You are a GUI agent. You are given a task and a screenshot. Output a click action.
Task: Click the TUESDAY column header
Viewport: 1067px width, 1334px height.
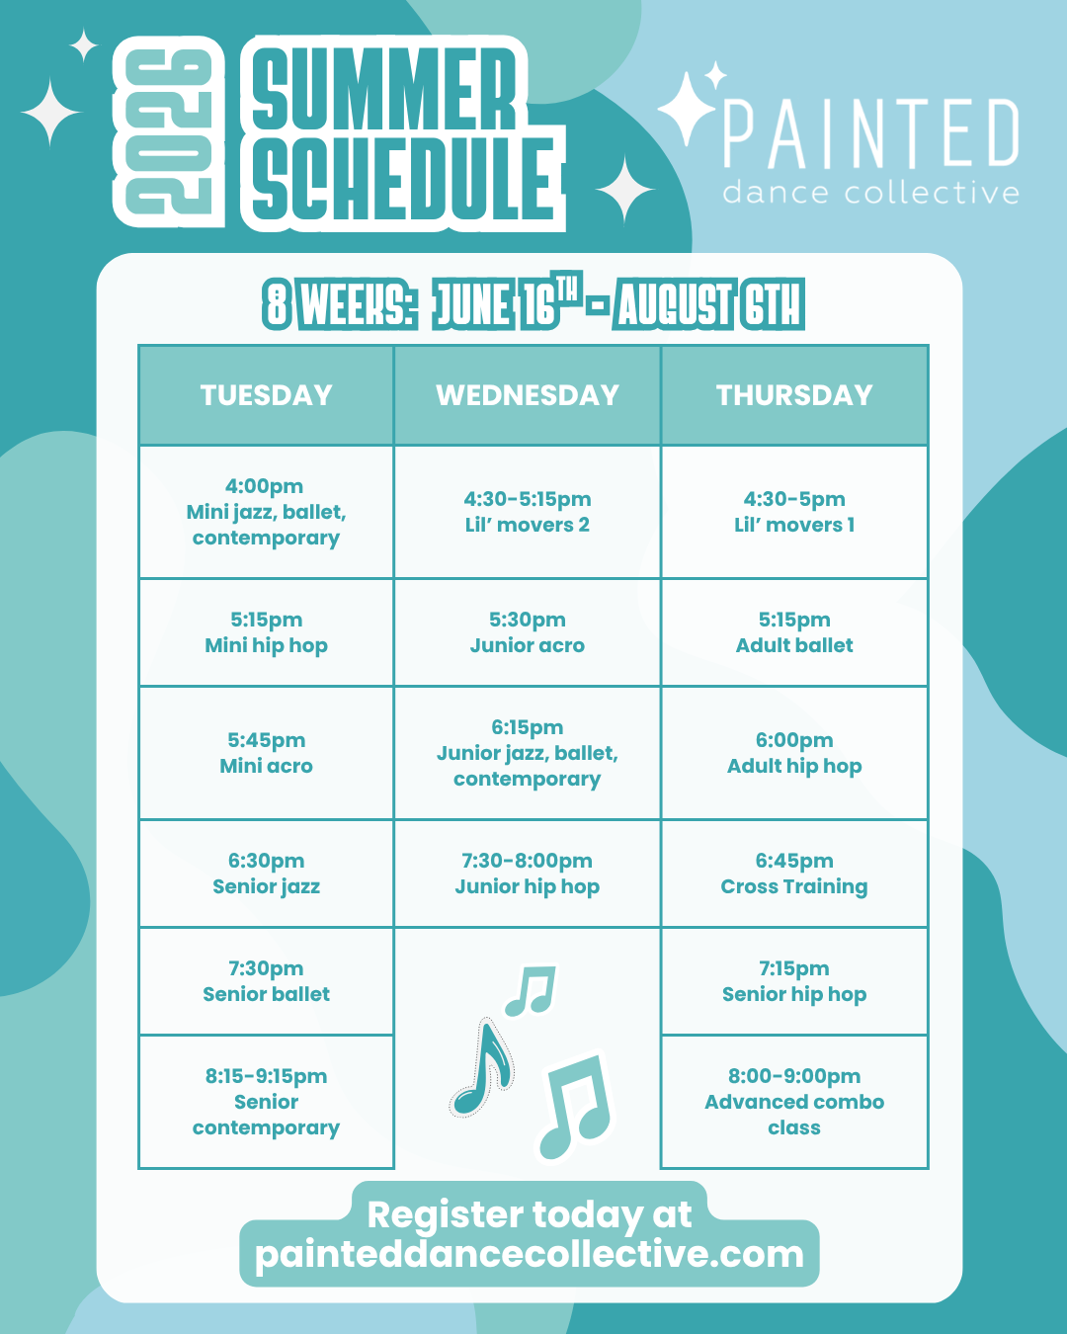[266, 395]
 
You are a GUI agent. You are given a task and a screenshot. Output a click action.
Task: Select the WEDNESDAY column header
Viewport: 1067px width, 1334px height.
[527, 395]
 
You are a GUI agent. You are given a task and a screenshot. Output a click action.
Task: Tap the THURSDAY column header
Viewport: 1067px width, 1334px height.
[794, 395]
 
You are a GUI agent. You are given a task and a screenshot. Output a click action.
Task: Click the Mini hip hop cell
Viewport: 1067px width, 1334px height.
[266, 632]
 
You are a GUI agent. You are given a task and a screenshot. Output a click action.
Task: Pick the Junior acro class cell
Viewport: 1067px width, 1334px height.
[527, 632]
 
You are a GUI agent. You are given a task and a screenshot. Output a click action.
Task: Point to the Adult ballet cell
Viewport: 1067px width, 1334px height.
[794, 632]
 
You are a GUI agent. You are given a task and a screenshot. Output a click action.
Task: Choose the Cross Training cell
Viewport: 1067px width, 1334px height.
[794, 874]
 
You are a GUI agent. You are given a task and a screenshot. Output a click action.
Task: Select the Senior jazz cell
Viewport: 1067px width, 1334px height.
[266, 874]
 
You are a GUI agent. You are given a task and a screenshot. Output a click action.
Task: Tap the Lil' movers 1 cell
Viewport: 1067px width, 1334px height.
[794, 512]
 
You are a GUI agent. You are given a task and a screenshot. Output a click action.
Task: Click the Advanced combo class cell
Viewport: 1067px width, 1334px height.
[794, 1102]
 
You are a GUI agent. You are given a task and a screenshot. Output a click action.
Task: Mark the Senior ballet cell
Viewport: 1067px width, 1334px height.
[266, 981]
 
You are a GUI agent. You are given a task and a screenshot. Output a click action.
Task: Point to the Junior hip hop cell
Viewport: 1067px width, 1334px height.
[527, 874]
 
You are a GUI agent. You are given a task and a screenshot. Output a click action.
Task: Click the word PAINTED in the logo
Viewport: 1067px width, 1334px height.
[870, 133]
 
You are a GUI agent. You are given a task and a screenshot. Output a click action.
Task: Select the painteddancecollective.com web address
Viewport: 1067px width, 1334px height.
[529, 1254]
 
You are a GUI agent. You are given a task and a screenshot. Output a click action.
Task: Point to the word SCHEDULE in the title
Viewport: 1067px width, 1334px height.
[403, 179]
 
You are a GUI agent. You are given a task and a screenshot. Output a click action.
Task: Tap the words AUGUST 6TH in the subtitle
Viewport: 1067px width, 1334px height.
[708, 304]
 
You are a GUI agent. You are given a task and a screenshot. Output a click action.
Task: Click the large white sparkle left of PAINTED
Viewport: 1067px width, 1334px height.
[686, 109]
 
